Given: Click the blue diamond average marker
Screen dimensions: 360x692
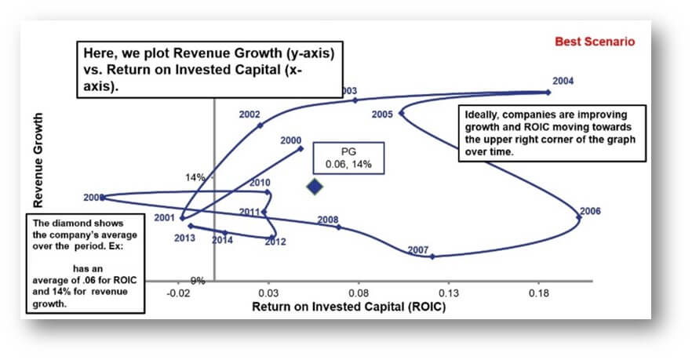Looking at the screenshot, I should coord(315,187).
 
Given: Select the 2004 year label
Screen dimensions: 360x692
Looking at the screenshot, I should coord(563,81).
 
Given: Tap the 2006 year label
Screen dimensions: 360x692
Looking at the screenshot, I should coord(589,211).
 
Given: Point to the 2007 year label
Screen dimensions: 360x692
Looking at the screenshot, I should coord(418,250).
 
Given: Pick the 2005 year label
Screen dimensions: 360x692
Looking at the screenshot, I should coord(382,115).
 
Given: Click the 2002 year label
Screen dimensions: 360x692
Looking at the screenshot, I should coord(249,115).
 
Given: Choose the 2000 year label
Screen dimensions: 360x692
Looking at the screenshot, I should coord(290,141).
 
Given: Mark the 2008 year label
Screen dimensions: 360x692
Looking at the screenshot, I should coord(328,220).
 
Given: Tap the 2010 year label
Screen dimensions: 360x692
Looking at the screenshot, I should coord(260,183).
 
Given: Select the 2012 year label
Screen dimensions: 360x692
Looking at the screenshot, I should coord(275,242).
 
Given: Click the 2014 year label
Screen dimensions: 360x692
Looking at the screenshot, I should coord(222,240).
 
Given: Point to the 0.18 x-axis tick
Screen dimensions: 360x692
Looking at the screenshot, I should coord(538,292).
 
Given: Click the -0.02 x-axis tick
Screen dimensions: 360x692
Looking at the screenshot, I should coord(180,292).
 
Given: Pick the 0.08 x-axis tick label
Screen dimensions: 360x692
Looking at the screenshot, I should coord(359,292).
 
